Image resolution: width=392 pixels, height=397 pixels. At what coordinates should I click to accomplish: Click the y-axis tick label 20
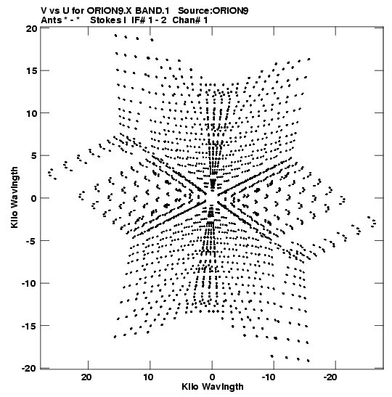(x=31, y=28)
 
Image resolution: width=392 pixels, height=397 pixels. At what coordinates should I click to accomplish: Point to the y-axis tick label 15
(x=31, y=71)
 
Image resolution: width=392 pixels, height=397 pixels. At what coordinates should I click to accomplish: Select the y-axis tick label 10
(x=31, y=113)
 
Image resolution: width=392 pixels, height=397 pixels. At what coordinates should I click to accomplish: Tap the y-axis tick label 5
(x=34, y=156)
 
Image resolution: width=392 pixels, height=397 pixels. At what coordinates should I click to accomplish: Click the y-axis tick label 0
(x=34, y=198)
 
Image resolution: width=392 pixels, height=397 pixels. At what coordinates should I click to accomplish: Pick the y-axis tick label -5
(x=32, y=241)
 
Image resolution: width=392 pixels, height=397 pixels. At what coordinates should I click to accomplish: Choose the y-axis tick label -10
(x=29, y=283)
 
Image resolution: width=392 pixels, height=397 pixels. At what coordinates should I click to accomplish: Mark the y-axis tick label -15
(x=29, y=326)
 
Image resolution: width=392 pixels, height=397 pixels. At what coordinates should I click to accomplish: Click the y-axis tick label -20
(x=29, y=368)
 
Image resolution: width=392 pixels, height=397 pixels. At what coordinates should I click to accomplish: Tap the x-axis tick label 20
(x=86, y=377)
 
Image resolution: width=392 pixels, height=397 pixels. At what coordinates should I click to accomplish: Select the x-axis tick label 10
(x=148, y=377)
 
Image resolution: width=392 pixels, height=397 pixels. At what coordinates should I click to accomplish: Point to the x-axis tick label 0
(x=212, y=377)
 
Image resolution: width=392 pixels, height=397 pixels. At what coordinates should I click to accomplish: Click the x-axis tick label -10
(x=269, y=377)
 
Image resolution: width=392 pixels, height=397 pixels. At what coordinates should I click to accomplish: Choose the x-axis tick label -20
(x=330, y=377)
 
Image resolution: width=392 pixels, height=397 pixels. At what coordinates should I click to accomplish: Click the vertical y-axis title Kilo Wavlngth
(x=15, y=197)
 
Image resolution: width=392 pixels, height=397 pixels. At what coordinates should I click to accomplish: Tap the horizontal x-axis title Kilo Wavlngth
(x=213, y=387)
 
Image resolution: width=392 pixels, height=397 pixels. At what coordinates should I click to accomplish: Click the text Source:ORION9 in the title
(x=213, y=11)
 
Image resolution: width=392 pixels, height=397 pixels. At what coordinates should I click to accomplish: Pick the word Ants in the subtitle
(x=52, y=20)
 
